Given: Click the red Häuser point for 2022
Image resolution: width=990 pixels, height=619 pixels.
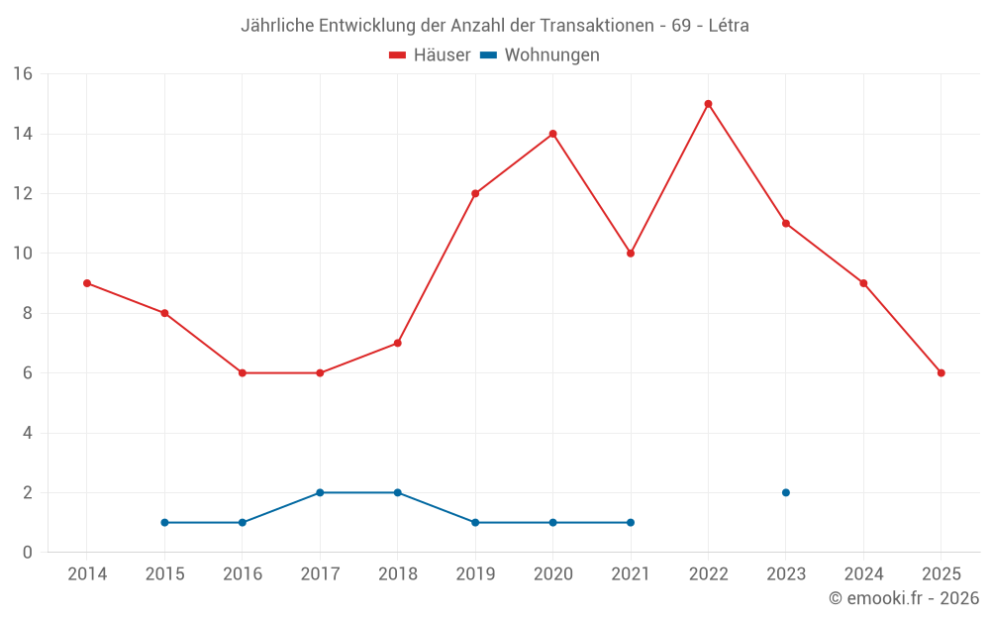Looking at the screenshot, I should click(708, 104).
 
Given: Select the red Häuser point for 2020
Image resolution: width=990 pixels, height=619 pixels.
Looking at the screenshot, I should click(552, 134).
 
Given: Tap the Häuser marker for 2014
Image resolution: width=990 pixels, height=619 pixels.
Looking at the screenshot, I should click(87, 283).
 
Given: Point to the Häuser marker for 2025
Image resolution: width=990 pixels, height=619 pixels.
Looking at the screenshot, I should click(940, 373).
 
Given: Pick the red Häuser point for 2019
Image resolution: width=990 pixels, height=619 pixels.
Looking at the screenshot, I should click(475, 194).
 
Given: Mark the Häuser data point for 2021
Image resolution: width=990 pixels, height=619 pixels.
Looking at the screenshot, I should click(631, 254).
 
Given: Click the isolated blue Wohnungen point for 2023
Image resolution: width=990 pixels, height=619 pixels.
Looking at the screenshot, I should click(786, 492).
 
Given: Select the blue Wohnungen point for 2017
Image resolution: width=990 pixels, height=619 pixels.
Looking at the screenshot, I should click(320, 492).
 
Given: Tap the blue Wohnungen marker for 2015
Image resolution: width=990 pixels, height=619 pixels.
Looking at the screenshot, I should click(164, 522).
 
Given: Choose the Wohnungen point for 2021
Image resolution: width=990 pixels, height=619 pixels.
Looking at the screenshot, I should click(631, 522).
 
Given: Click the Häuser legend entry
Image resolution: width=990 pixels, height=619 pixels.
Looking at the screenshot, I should click(430, 55).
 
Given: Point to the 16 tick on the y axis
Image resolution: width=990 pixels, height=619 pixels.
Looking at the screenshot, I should click(23, 74).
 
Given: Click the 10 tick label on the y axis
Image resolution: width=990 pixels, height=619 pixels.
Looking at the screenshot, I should click(23, 254).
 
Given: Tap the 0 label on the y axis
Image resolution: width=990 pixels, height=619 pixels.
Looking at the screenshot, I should click(28, 553).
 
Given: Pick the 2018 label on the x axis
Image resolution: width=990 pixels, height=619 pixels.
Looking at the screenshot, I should click(397, 574).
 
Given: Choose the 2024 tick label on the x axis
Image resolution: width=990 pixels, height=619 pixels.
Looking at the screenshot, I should click(863, 574).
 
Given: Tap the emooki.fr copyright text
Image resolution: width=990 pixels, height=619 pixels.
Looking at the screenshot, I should click(903, 598).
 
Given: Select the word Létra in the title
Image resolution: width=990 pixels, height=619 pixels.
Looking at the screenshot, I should click(726, 26).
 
